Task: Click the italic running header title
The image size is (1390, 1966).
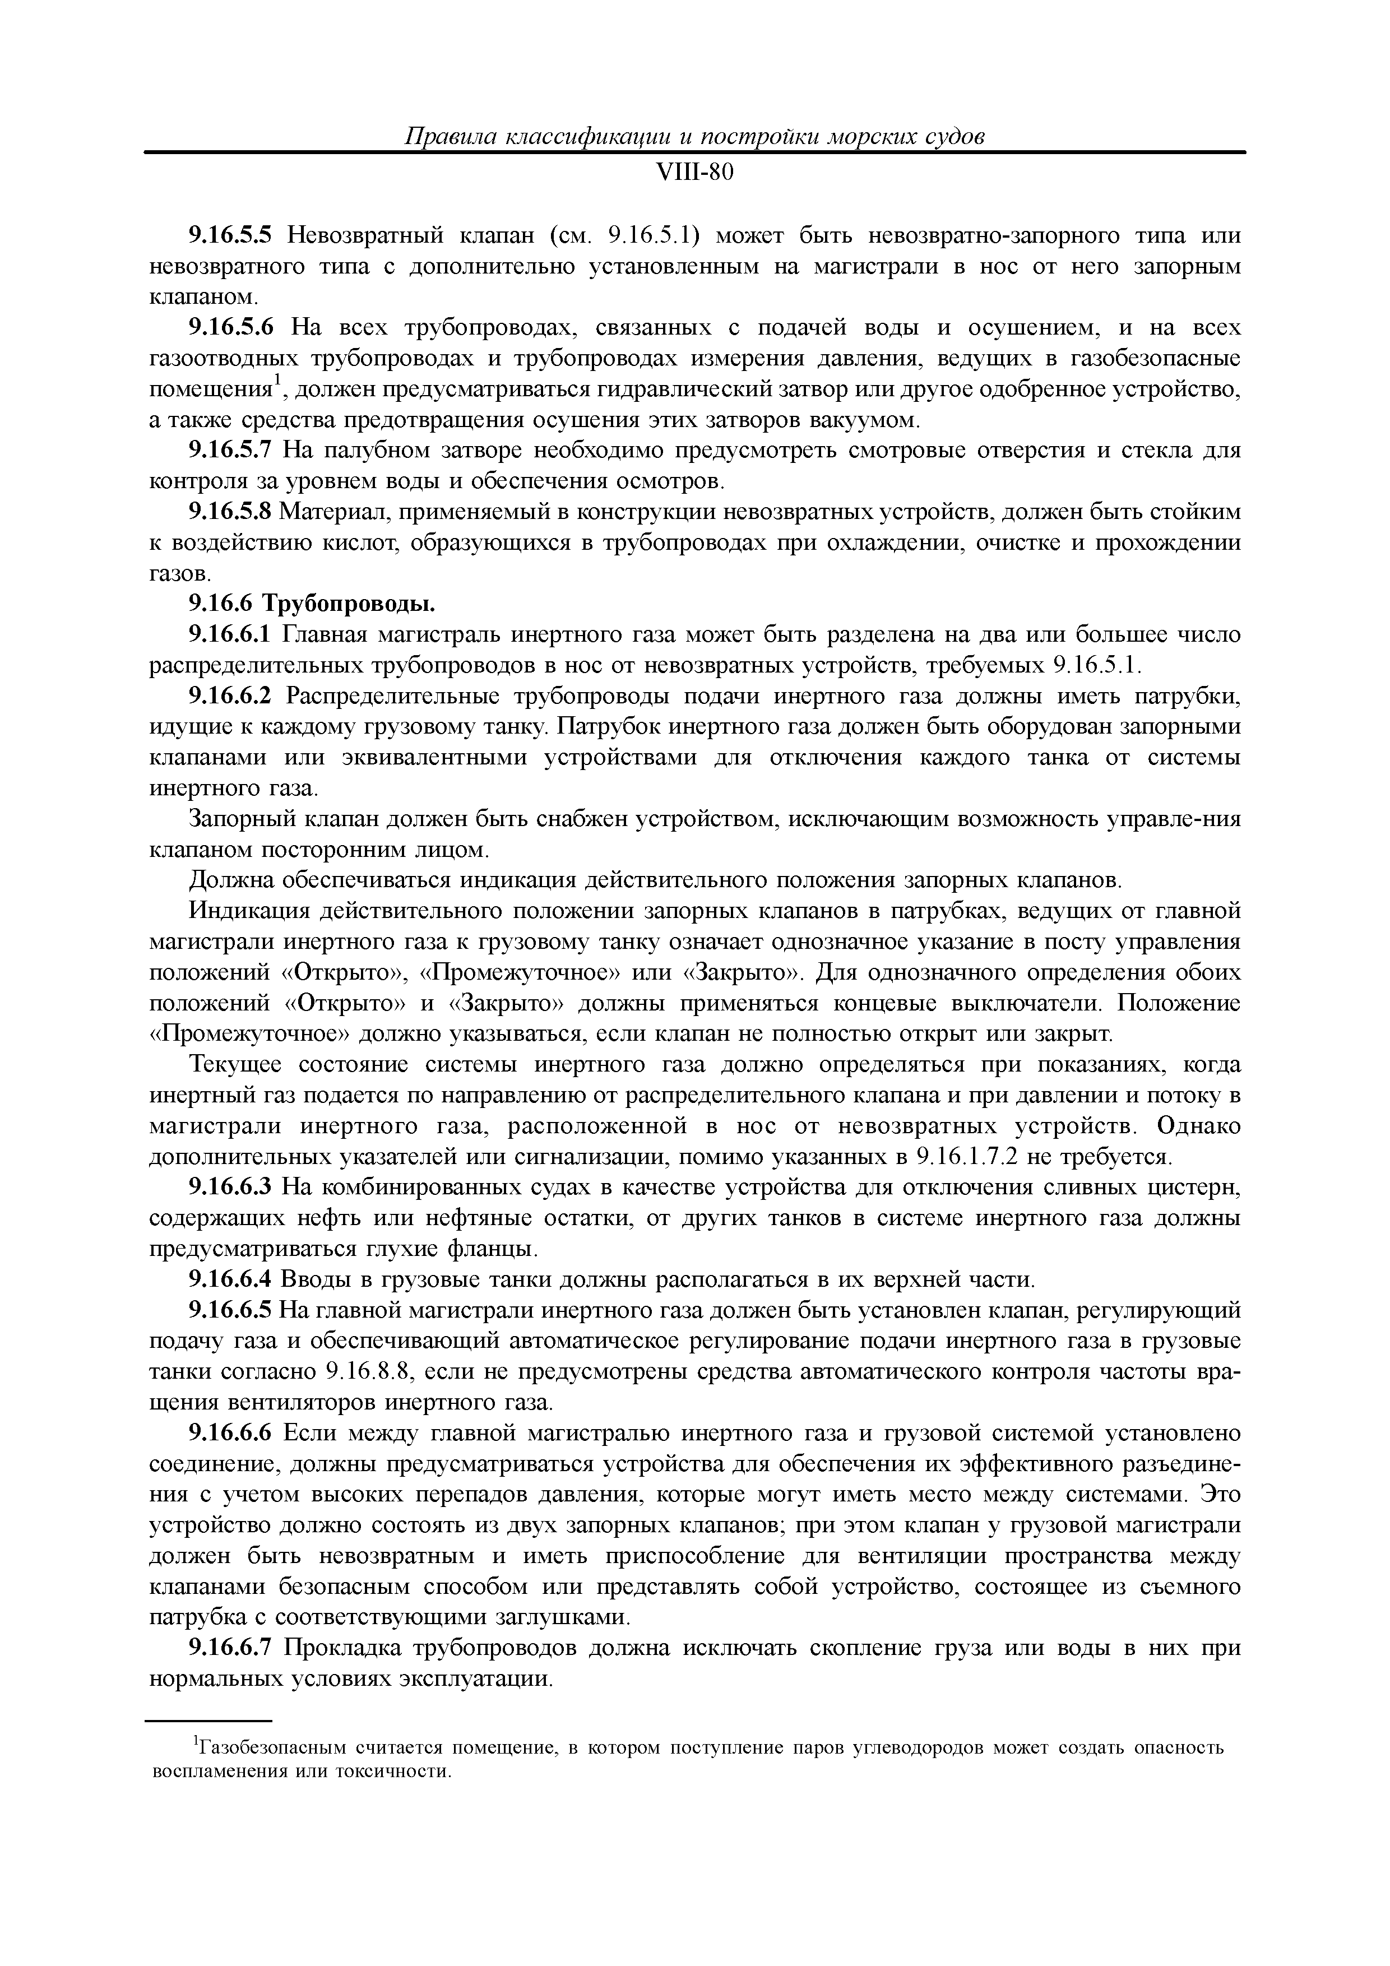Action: click(694, 137)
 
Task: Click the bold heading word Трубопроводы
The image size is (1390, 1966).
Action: click(347, 605)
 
